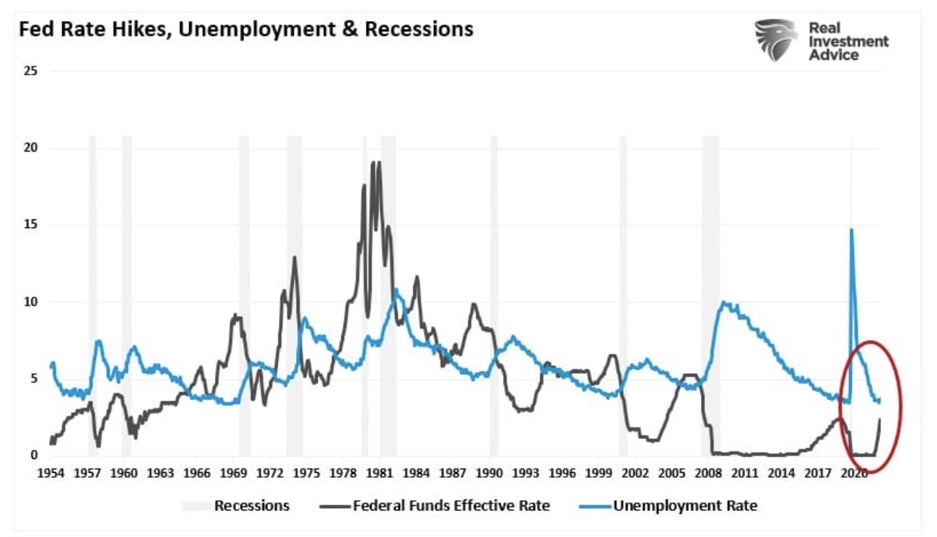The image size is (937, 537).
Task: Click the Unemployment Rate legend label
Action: pos(685,505)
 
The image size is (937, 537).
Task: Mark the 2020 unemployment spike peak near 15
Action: pos(852,230)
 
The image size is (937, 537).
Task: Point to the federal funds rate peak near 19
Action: pos(373,162)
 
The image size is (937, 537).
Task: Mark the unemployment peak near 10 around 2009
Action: pos(724,303)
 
